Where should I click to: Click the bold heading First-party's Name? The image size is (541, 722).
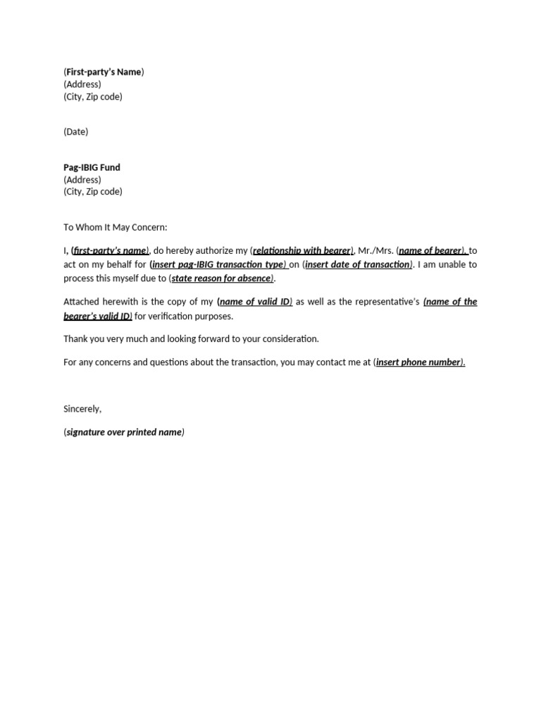[104, 72]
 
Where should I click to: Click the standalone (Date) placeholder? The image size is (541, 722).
[76, 132]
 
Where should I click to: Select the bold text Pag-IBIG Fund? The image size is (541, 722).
[92, 168]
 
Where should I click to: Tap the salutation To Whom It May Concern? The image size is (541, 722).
[116, 228]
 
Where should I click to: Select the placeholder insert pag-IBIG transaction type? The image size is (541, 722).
[218, 264]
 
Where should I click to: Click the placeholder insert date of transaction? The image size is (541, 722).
[357, 264]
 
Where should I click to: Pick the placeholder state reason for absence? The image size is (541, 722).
[221, 279]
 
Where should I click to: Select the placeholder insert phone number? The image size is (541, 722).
[419, 362]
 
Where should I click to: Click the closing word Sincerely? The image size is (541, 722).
[82, 409]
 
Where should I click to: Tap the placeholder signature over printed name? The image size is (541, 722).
[124, 432]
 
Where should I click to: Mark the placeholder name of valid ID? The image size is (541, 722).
[255, 302]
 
